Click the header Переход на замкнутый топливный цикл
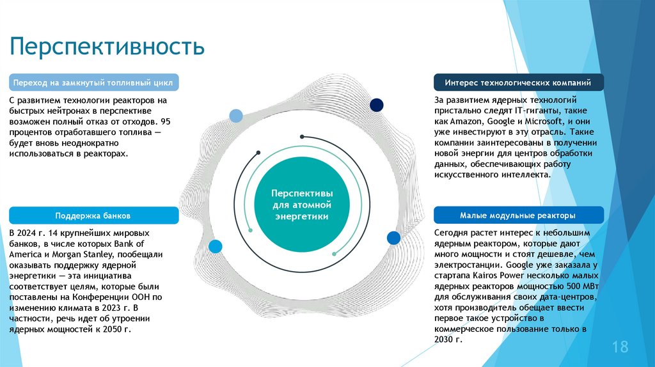tap(94, 83)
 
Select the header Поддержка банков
tap(93, 215)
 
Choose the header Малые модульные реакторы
tap(517, 215)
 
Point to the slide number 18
tap(620, 347)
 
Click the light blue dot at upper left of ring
tap(236, 116)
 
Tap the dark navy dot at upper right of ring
tap(377, 105)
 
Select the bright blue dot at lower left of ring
tap(215, 246)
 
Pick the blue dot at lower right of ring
tap(393, 238)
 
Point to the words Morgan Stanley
tap(83, 254)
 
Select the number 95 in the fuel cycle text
tap(166, 121)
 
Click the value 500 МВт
tap(576, 285)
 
